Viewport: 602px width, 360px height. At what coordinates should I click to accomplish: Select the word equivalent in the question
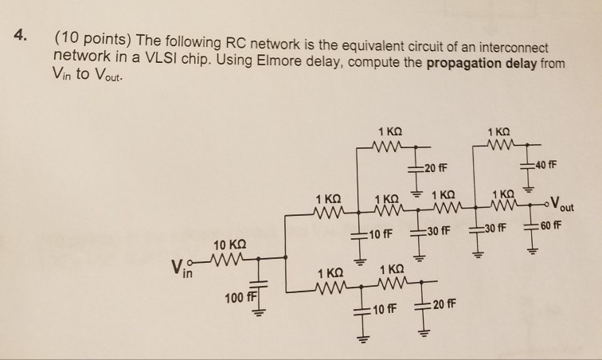point(361,43)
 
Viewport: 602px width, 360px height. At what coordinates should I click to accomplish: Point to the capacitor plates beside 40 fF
point(528,166)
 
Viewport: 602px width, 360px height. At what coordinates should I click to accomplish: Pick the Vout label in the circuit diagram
point(566,203)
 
